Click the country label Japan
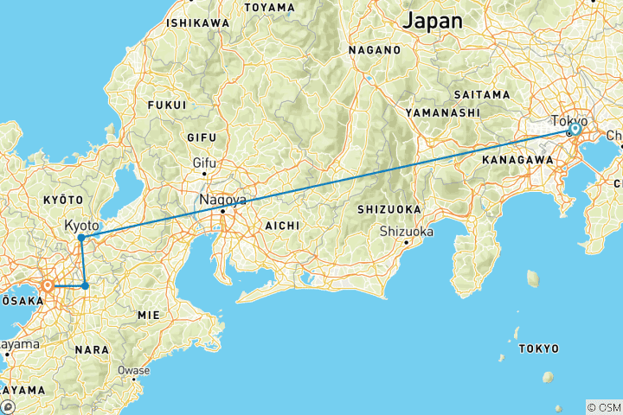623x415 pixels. (433, 20)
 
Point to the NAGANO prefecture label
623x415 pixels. (376, 50)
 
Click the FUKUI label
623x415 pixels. (168, 105)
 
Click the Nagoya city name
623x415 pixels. (222, 200)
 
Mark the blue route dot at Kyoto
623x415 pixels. (80, 238)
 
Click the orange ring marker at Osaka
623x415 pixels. (48, 285)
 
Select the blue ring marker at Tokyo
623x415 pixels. (574, 129)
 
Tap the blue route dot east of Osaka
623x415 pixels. (85, 285)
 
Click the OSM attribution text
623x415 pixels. (604, 407)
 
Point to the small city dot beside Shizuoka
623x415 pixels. (406, 242)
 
